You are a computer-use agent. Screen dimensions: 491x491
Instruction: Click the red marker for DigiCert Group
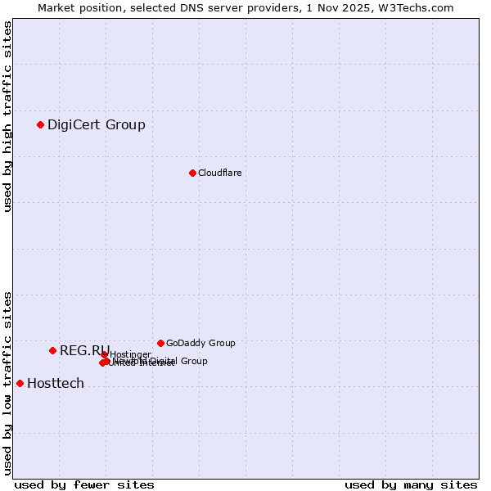(x=40, y=124)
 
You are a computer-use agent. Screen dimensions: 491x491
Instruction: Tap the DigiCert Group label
(x=97, y=124)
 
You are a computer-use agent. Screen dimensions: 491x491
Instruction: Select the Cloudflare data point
(x=192, y=173)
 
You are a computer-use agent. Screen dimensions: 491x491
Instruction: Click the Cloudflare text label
(x=220, y=173)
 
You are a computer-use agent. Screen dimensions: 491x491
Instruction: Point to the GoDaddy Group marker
(x=160, y=343)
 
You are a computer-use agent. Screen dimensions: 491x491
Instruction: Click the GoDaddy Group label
(x=200, y=343)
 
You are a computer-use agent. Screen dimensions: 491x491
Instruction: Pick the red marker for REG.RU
(x=52, y=350)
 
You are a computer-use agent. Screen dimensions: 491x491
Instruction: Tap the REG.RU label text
(x=83, y=350)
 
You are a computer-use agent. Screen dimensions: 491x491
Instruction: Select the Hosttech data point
(x=20, y=383)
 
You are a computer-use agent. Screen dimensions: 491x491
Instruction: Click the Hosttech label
(x=56, y=383)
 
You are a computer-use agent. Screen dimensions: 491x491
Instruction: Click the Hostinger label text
(x=131, y=354)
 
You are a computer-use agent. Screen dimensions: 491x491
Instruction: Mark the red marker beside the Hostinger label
(x=104, y=354)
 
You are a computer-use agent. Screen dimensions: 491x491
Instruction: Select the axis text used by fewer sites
(x=84, y=484)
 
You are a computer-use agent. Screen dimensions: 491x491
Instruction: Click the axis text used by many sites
(x=411, y=484)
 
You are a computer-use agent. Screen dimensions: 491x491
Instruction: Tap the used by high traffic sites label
(x=7, y=116)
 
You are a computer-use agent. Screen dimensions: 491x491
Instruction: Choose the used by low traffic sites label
(x=7, y=382)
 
